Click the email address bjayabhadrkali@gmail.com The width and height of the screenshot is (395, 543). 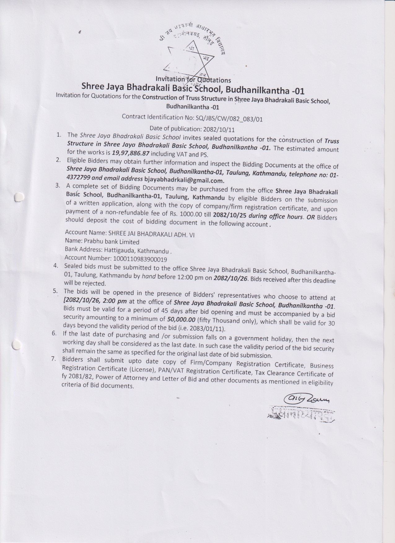184,180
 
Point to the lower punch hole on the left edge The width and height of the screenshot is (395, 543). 16,344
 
